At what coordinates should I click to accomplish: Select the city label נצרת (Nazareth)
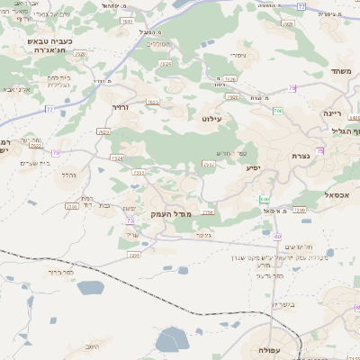pyautogui.click(x=301, y=157)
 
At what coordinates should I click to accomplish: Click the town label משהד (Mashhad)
pyautogui.click(x=339, y=71)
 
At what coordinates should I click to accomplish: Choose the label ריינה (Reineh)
pyautogui.click(x=334, y=113)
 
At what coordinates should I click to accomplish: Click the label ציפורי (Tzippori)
pyautogui.click(x=238, y=55)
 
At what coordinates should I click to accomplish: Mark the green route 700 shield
pyautogui.click(x=279, y=110)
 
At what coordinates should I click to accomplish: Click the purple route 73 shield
pyautogui.click(x=130, y=220)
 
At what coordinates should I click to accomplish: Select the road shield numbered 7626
pyautogui.click(x=81, y=54)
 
